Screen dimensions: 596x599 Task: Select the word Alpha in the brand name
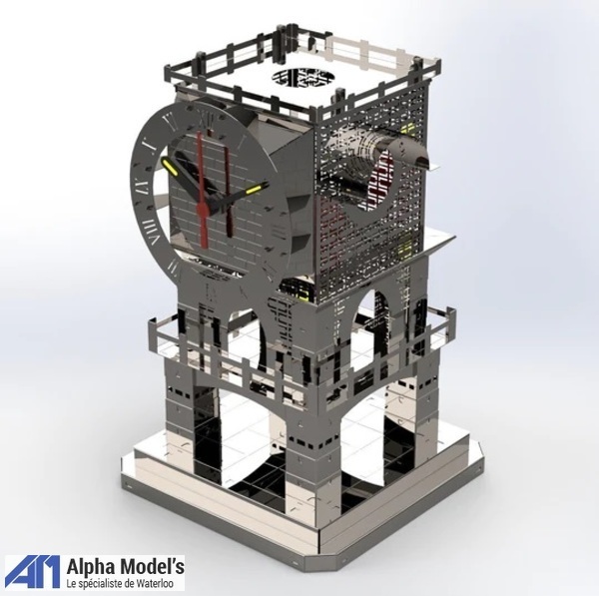pos(91,566)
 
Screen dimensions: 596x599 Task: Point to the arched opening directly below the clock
pos(250,339)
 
